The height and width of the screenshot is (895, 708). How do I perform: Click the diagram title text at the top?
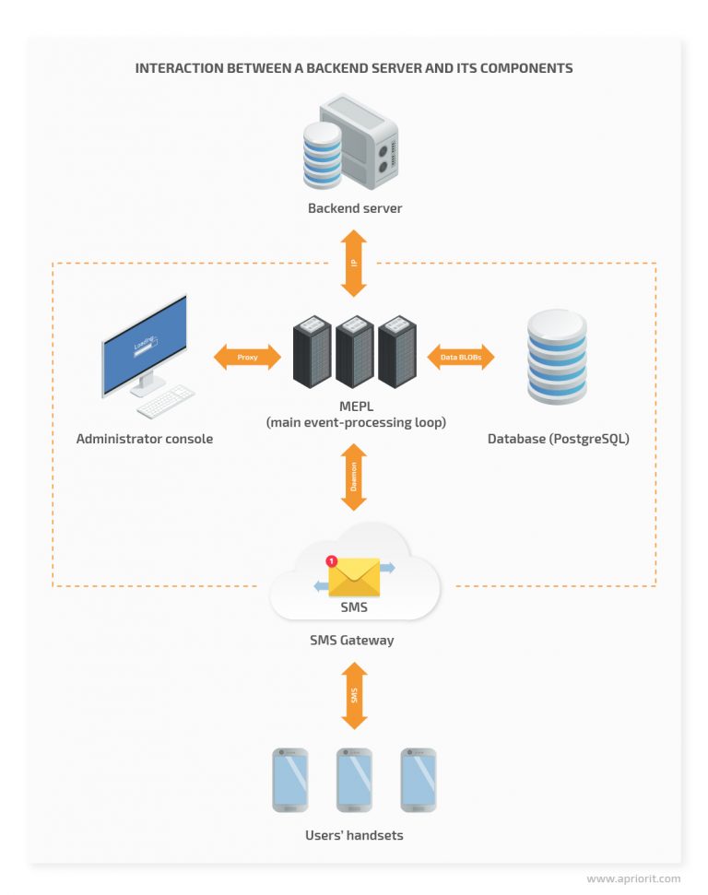tap(354, 68)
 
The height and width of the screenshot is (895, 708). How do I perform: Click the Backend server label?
tap(354, 208)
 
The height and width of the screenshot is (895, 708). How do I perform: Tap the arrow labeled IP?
tap(354, 263)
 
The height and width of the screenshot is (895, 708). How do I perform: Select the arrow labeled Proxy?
tap(247, 357)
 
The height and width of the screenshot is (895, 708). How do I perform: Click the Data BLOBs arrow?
tap(461, 357)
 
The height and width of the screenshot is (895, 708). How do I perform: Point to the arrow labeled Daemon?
tap(354, 476)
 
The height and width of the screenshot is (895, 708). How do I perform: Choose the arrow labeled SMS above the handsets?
tap(354, 696)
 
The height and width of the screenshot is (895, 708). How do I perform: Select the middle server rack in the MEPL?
tap(354, 351)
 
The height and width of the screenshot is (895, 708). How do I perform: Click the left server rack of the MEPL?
tap(313, 351)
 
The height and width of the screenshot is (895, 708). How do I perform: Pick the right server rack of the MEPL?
tap(395, 351)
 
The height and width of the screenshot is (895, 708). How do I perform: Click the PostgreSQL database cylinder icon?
tap(556, 358)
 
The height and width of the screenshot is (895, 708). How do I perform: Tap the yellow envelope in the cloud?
tap(354, 578)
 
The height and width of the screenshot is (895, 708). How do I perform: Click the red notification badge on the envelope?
tap(332, 560)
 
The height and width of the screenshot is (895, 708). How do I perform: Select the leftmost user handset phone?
tap(290, 780)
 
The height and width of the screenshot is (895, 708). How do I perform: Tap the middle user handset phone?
tap(354, 780)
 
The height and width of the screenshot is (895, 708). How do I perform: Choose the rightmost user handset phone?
tap(418, 780)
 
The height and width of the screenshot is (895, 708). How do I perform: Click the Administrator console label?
tap(145, 439)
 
